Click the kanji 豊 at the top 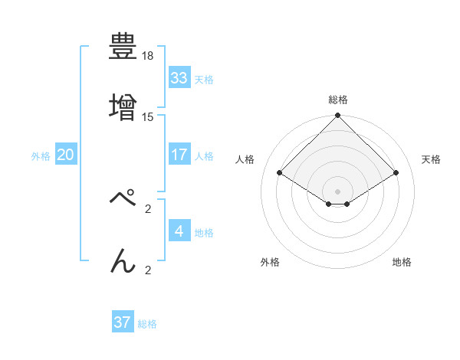123,47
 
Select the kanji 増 123,105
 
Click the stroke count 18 148,57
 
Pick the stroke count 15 148,116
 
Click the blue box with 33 179,78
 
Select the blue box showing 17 179,155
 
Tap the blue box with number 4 179,231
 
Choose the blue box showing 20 66,155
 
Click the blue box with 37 123,322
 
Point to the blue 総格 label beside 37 147,324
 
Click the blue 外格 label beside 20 41,156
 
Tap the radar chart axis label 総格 338,100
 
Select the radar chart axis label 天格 431,159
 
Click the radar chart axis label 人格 245,159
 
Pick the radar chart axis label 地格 402,262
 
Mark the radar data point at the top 338,116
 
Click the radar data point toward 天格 396,173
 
